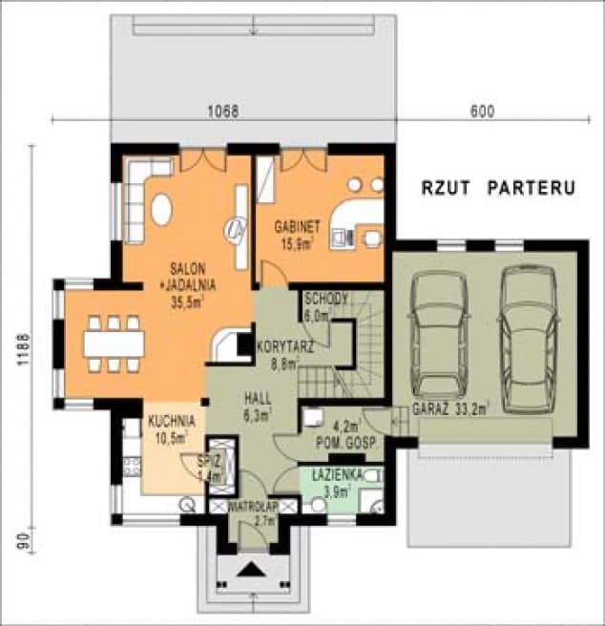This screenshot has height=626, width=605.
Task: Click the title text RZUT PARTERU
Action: point(498,188)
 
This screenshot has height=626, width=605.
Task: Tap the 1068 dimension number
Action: point(222,111)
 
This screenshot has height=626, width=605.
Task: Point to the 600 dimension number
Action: point(482,111)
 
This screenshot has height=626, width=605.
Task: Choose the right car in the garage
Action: point(528,334)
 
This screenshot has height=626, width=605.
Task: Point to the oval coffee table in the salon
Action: point(162,208)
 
